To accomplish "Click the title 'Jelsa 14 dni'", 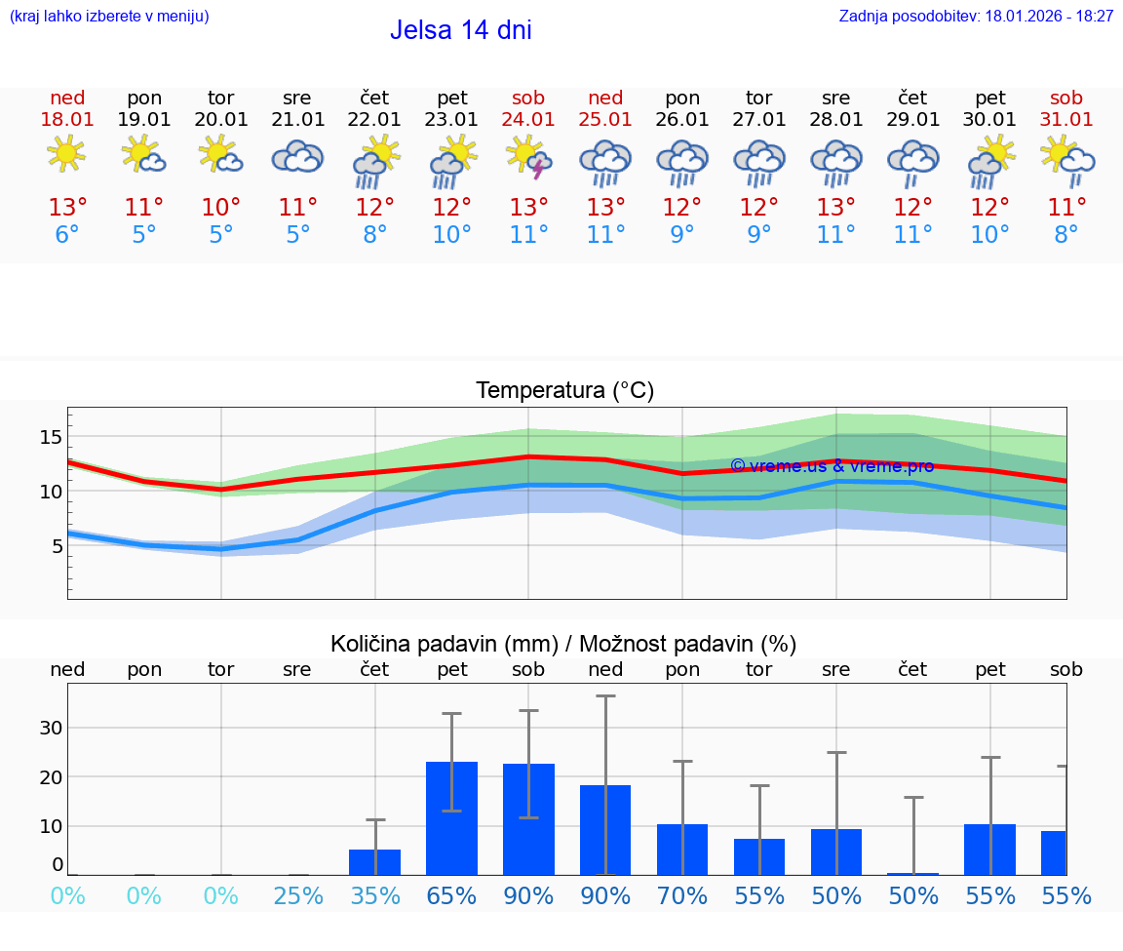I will [460, 30].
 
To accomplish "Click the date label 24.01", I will [528, 120].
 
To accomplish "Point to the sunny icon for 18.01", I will [66, 154].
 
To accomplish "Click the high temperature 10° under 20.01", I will [221, 208].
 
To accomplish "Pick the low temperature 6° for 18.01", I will [66, 235].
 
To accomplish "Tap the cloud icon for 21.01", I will [297, 156].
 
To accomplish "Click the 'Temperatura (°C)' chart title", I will [564, 391].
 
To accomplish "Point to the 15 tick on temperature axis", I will [51, 437].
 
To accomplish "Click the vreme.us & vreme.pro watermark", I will [832, 466].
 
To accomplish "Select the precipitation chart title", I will [563, 644].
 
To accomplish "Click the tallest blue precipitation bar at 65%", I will [452, 818].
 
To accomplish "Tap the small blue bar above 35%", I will [375, 862].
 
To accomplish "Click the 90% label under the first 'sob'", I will [528, 895].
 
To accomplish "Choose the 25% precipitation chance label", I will [297, 895].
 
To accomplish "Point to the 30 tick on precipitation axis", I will [51, 728].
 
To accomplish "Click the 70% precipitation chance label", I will [682, 895].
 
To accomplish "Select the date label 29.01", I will [912, 120].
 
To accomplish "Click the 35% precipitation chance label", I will [375, 895].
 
